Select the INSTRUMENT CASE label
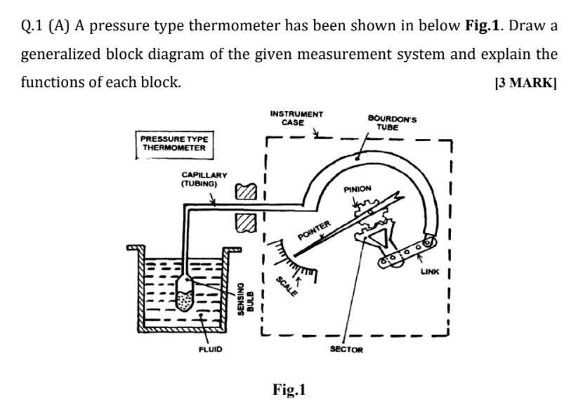pos(296,117)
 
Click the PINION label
pos(358,190)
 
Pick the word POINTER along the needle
pos(313,232)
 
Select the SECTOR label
pos(346,349)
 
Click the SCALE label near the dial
pos(285,287)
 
